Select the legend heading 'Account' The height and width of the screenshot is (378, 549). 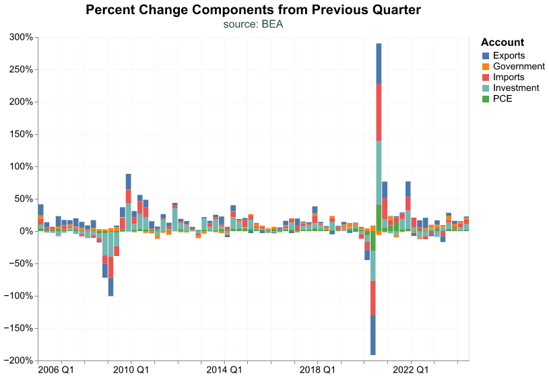click(503, 42)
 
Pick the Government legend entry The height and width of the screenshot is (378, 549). click(518, 66)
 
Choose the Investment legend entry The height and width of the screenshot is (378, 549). click(515, 88)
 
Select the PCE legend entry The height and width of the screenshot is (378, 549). click(503, 98)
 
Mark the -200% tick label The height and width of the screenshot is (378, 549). click(18, 361)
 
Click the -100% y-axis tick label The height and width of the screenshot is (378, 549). click(18, 296)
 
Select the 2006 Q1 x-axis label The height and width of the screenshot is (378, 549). click(56, 370)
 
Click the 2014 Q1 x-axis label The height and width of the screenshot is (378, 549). click(224, 370)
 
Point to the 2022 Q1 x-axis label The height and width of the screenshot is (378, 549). click(410, 370)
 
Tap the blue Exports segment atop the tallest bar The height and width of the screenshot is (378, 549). click(379, 63)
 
